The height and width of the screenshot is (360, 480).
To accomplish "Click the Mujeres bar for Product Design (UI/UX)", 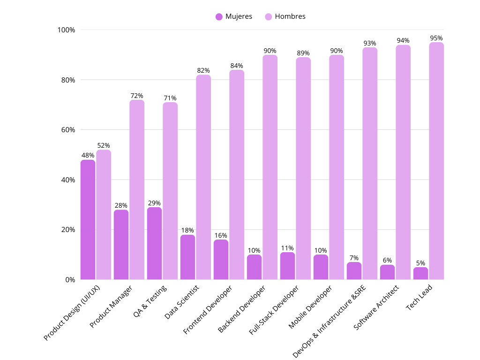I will click(88, 220).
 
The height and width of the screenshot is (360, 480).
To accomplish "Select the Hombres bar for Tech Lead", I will click(436, 161).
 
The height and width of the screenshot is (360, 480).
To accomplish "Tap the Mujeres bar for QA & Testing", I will click(154, 244).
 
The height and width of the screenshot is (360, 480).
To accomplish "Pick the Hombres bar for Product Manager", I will click(137, 190).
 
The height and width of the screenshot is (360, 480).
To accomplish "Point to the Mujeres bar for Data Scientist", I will click(187, 257).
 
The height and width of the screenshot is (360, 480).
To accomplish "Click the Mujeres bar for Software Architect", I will click(387, 272).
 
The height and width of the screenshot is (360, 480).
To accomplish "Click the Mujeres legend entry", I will click(234, 16).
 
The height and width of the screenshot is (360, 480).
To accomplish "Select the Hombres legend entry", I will click(285, 16).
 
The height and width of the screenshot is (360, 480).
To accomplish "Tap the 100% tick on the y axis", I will click(66, 30).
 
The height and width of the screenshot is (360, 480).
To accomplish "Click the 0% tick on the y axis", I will click(70, 280).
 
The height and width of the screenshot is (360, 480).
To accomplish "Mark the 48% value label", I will click(88, 155).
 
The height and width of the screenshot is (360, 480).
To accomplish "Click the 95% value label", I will click(436, 38).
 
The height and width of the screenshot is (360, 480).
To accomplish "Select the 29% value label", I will click(154, 203).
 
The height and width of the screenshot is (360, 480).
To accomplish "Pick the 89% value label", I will click(303, 53).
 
